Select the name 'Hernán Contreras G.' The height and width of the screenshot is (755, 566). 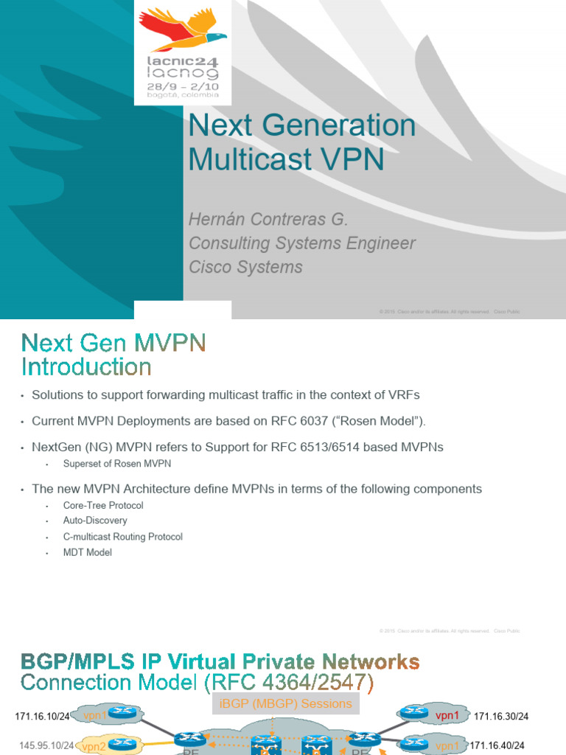coord(268,220)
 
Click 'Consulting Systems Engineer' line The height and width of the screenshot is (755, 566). coord(302,243)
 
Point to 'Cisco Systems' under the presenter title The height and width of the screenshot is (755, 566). coord(245,267)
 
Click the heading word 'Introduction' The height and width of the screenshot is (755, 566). coord(86,366)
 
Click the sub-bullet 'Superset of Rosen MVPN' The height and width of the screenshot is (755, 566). coord(117,464)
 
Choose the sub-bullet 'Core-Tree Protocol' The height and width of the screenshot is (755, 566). coord(103,506)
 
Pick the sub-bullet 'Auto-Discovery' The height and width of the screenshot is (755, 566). coord(95,521)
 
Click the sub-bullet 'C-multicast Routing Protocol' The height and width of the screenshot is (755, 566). coord(123,537)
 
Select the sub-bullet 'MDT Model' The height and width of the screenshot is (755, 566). coord(88,552)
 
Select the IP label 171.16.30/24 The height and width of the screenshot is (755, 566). coord(501,716)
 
